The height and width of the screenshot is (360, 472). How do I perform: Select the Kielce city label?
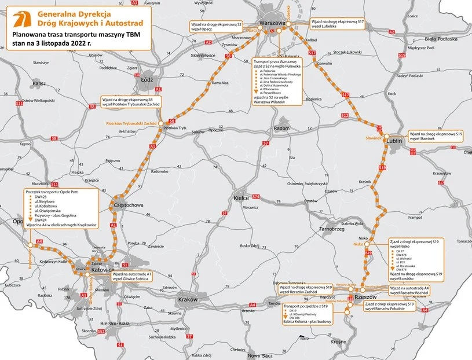[x=240, y=197]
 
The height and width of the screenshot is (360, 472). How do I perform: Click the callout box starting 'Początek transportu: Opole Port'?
[x=61, y=205]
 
